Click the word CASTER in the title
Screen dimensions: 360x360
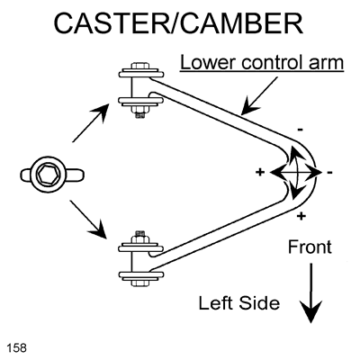pos(112,23)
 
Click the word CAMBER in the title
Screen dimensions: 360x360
pos(241,23)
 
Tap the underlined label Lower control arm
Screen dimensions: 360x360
pos(262,63)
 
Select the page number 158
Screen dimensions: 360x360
pos(16,347)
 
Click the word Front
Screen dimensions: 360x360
pos(310,247)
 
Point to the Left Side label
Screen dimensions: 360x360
pos(239,302)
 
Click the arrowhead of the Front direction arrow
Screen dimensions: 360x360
pos(310,312)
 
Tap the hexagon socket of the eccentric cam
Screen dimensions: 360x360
pos(48,174)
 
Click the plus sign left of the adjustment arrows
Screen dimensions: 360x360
pos(260,172)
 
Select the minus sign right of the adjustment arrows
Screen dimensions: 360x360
pos(329,173)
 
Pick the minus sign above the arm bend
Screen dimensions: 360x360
pos(300,130)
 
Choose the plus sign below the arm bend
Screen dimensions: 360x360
pos(301,216)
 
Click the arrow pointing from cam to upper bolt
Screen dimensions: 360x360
pos(91,122)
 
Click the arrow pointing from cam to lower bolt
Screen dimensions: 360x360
pos(88,220)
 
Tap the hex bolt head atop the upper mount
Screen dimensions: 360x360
pos(140,66)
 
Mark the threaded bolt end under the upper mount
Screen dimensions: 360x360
pos(140,113)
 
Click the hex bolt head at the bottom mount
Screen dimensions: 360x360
pos(140,283)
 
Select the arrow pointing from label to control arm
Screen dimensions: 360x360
pos(260,96)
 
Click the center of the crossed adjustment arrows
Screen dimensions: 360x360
pos(296,173)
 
